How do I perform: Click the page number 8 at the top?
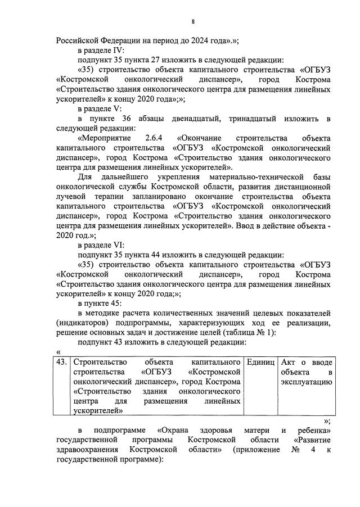(x=193, y=22)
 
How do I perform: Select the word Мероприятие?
(x=106, y=138)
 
